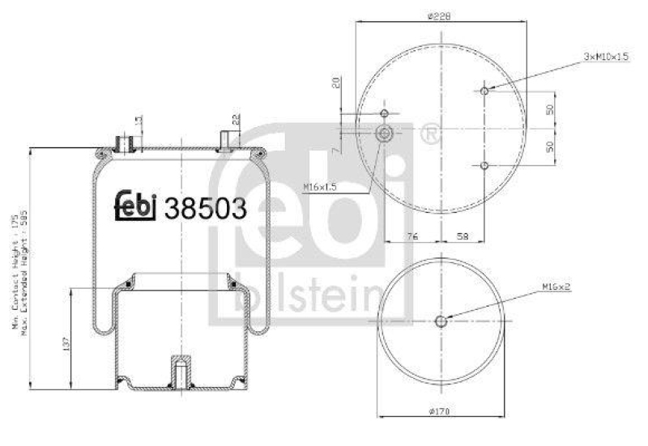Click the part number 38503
coord(205,208)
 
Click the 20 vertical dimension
coord(335,82)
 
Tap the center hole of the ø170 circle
coord(441,321)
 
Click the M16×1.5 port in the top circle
coord(385,134)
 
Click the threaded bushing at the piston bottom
coord(178,372)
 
